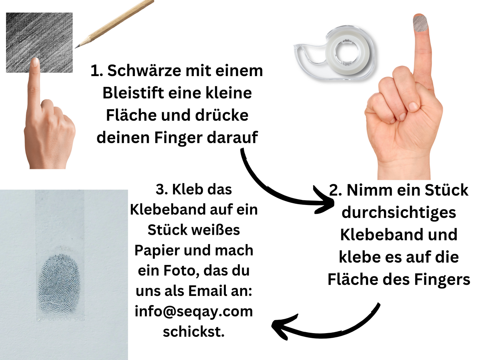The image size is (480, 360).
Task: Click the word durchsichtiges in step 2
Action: [x=399, y=213]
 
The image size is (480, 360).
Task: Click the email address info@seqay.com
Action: [x=194, y=312]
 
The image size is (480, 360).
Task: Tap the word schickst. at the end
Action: [x=194, y=332]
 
